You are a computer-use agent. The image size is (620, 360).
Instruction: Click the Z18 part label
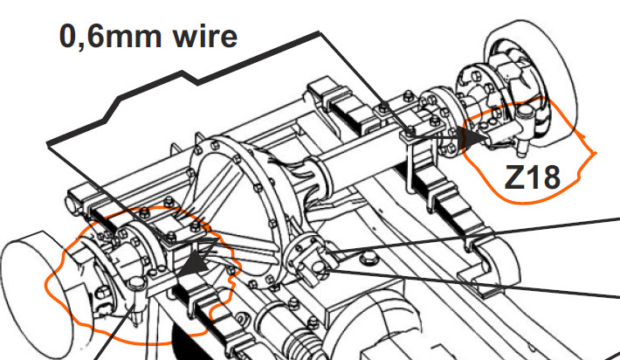pos(532,177)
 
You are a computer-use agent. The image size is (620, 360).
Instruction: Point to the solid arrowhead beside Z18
pos(475,137)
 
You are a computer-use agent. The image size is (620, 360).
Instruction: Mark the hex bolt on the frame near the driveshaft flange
pos(369,260)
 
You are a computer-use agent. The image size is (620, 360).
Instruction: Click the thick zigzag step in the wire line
pos(190,78)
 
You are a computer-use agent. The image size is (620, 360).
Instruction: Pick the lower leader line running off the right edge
pos(471,282)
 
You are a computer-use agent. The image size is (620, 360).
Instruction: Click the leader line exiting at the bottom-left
pos(114,332)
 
